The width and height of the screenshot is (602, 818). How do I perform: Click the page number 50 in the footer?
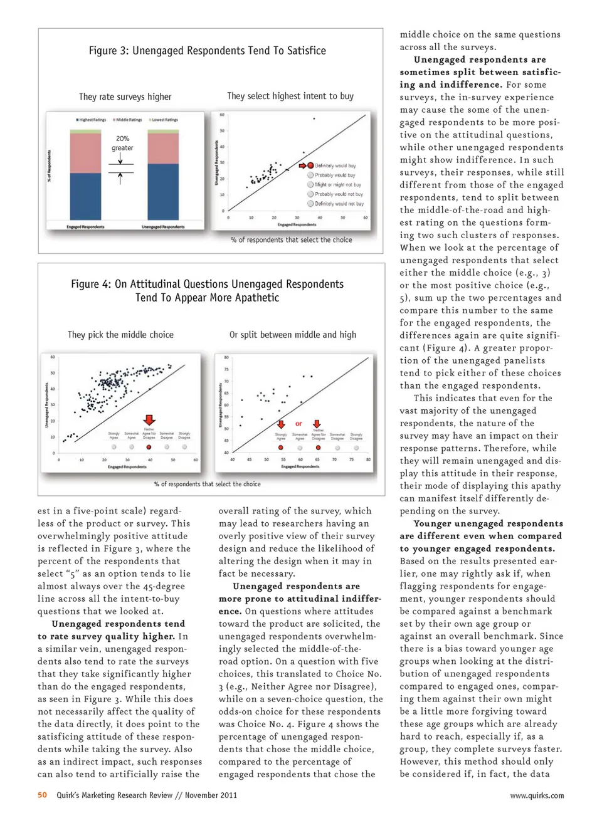[x=42, y=795]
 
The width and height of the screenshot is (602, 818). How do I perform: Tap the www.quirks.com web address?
[x=536, y=795]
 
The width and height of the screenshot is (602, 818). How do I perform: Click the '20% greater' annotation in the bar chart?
[x=122, y=143]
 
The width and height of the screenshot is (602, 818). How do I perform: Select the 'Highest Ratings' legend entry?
[x=92, y=120]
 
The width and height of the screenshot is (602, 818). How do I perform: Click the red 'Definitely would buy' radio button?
[x=310, y=165]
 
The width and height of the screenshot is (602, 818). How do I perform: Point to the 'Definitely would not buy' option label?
[x=339, y=204]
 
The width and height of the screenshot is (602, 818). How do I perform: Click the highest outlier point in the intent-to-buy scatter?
[x=314, y=118]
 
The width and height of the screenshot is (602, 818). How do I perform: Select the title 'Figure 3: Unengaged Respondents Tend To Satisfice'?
[x=207, y=51]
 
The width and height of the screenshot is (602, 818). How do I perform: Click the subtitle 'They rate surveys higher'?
[x=125, y=97]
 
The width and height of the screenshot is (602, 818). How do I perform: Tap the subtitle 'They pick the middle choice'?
[x=120, y=335]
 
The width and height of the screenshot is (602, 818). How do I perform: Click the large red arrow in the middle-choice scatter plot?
[x=149, y=420]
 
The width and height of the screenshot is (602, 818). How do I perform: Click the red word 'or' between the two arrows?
[x=298, y=424]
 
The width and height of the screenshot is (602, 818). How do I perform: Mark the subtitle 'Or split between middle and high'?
[x=292, y=335]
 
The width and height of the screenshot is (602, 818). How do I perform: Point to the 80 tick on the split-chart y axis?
[x=226, y=358]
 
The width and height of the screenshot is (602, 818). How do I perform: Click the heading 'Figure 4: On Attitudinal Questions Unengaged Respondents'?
[x=207, y=284]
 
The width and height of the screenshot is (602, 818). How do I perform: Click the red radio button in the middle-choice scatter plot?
[x=149, y=448]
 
